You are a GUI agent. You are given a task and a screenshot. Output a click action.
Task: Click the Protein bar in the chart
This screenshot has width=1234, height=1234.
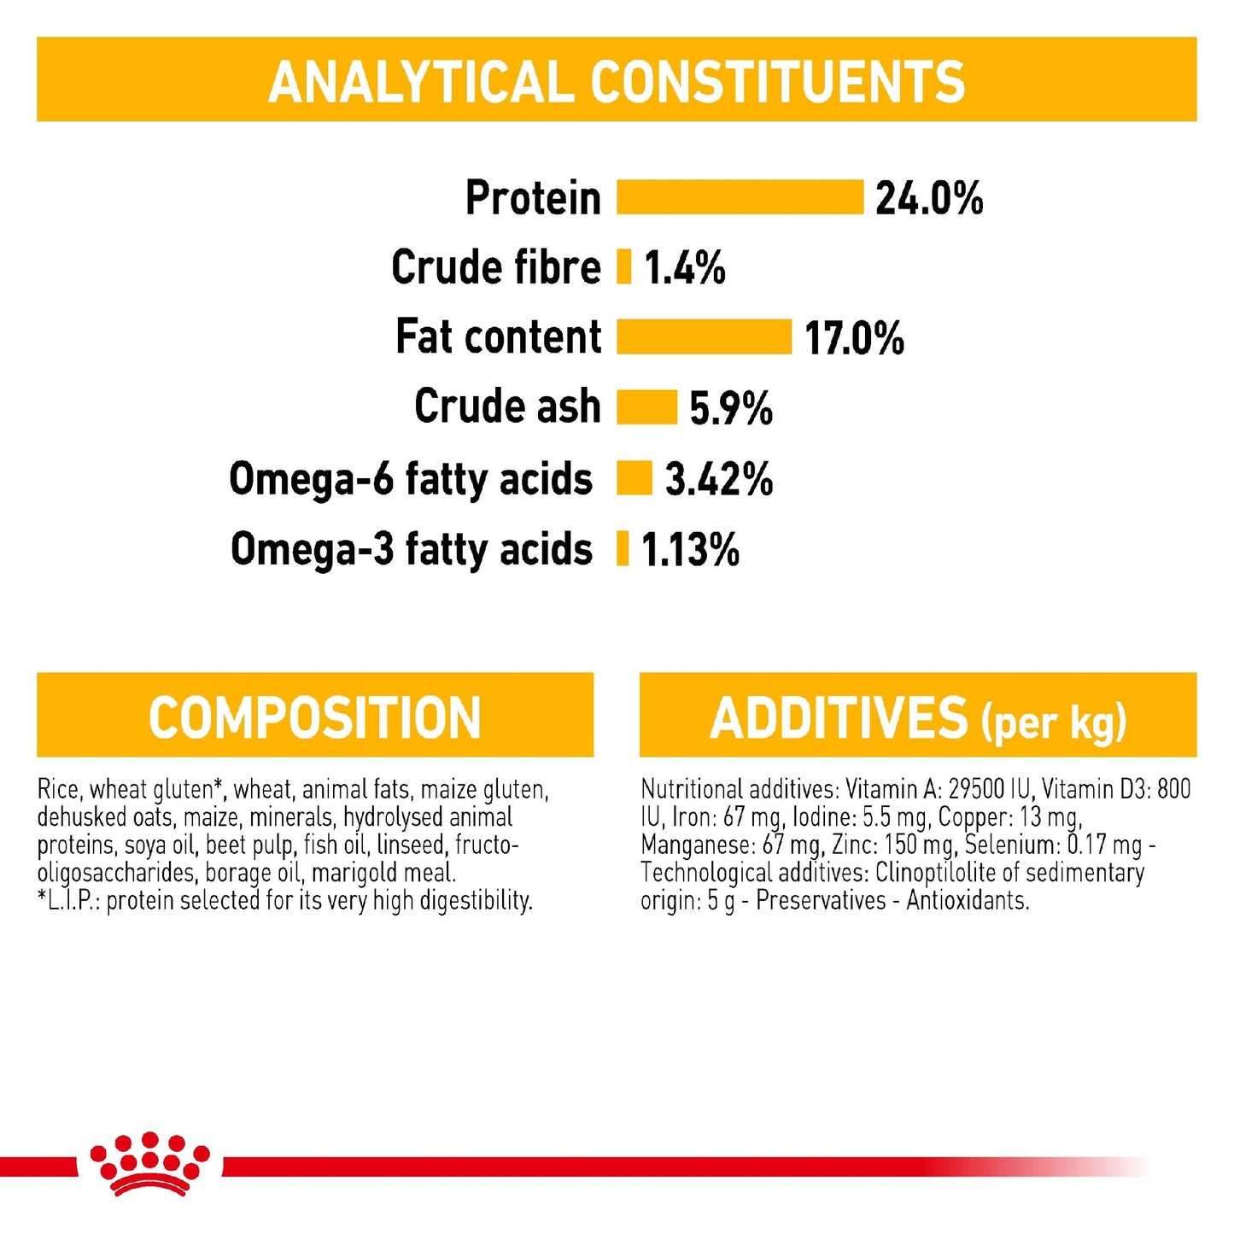(740, 197)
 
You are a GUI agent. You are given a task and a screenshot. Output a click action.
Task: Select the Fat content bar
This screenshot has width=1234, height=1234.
(704, 336)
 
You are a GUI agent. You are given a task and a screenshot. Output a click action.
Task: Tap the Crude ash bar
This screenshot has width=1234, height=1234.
(646, 406)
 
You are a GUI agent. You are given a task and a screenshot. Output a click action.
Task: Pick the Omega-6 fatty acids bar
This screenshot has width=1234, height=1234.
(635, 478)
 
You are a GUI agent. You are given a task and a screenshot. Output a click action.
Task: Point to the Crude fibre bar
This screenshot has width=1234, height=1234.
(624, 267)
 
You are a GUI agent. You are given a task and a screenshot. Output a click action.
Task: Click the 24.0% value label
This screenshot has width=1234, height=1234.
(929, 198)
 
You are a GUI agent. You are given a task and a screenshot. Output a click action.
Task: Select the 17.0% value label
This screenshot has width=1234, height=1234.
(854, 337)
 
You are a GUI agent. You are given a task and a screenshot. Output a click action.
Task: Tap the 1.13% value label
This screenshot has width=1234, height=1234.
(690, 549)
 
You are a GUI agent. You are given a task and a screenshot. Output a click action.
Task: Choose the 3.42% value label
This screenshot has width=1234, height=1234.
(719, 479)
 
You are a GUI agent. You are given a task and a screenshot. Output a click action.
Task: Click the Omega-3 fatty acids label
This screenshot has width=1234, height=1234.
(411, 548)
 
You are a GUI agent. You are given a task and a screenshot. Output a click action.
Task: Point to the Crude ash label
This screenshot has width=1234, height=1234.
(507, 406)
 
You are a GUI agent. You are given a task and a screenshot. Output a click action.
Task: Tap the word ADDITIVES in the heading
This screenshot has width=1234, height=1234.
(839, 718)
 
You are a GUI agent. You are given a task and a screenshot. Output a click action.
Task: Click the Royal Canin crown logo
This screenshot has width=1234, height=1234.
(149, 1163)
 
